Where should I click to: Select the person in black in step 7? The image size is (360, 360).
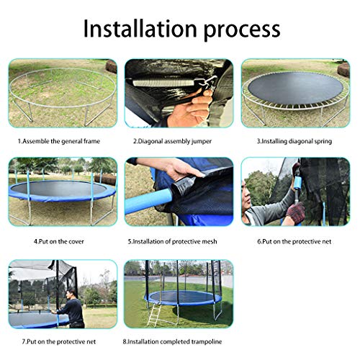tap(71, 310)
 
